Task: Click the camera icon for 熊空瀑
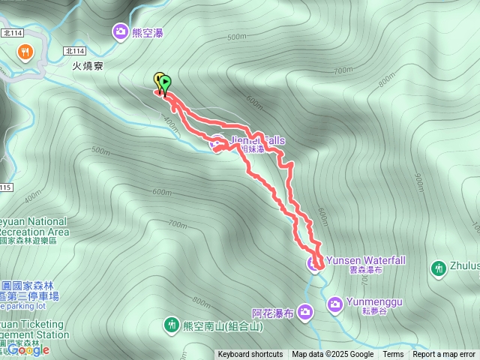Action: pos(120,31)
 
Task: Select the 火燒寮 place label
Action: pos(87,66)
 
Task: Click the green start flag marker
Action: pos(165,83)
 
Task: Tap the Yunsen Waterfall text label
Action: pos(366,260)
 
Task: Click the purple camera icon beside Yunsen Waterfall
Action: pos(313,262)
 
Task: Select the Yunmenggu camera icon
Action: pos(335,302)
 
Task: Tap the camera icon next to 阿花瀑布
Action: pos(305,311)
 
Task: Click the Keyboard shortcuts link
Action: pos(250,355)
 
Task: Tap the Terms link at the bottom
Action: pos(393,355)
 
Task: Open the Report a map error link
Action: pos(444,355)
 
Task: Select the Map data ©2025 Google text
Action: pos(333,355)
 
